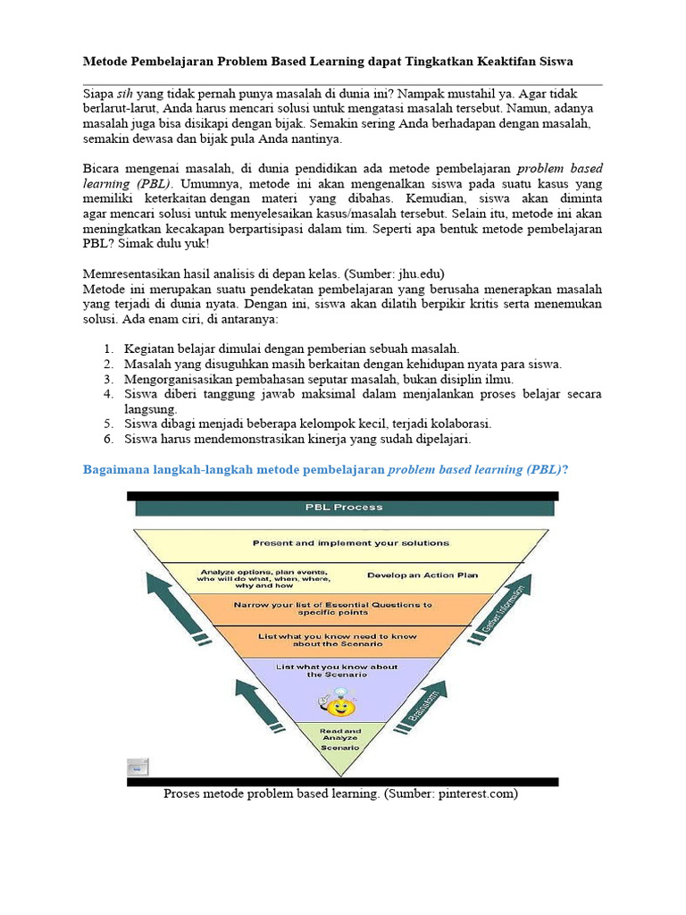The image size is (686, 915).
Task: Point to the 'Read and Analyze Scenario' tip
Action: pyautogui.click(x=339, y=738)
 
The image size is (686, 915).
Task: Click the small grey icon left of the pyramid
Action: pyautogui.click(x=136, y=767)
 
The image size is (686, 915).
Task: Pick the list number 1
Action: pyautogui.click(x=107, y=348)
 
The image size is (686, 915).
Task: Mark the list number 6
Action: pyautogui.click(x=107, y=439)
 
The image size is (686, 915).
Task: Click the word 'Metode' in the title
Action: pyautogui.click(x=106, y=61)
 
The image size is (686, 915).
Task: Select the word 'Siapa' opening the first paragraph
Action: pyautogui.click(x=98, y=92)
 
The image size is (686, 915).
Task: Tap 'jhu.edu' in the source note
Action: pyautogui.click(x=417, y=273)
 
